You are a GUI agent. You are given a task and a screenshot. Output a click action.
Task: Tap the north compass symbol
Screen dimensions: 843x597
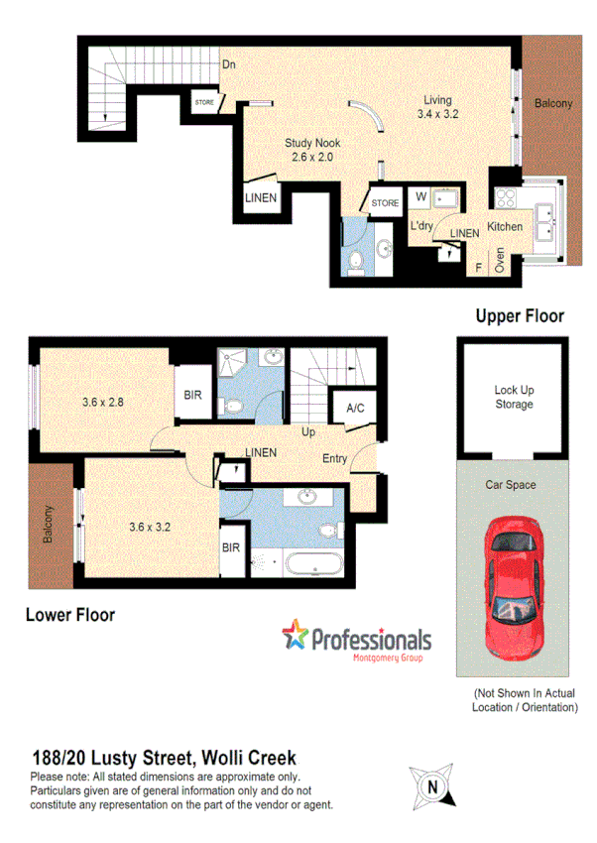tap(431, 787)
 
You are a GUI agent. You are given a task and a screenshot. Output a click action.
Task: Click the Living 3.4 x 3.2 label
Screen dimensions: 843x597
tap(436, 107)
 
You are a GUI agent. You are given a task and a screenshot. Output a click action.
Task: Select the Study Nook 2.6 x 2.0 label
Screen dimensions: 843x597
tap(313, 150)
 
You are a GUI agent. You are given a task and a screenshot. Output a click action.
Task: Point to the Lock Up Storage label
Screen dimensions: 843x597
tap(514, 397)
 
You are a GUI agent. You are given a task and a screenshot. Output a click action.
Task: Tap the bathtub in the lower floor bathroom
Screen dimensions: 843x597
tap(312, 565)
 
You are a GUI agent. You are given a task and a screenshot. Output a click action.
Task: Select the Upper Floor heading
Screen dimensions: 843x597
tap(519, 316)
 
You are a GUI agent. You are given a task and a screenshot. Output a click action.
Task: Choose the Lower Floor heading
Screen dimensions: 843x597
tap(69, 615)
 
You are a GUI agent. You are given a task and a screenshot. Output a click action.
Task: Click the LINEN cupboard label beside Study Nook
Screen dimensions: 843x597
tap(261, 197)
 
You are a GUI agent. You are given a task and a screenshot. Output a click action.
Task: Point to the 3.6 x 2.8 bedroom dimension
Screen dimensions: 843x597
tap(104, 403)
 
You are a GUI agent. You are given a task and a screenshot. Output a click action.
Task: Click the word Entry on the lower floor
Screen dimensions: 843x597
tap(334, 458)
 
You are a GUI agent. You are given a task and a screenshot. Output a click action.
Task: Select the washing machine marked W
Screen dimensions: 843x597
tap(420, 196)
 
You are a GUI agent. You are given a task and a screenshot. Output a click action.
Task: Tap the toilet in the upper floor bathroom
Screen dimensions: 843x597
tap(357, 262)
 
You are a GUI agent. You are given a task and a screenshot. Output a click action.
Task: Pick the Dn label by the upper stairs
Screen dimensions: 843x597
tap(228, 65)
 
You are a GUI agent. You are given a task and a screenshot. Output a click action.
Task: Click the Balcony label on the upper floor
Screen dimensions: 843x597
tap(552, 104)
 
